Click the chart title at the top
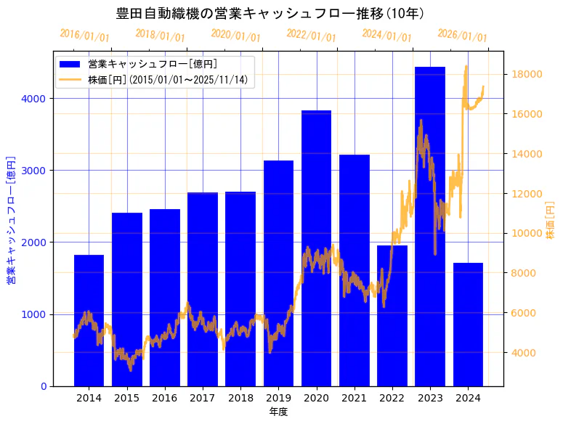(270, 13)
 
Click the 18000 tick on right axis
(524, 74)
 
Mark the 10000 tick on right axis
(524, 233)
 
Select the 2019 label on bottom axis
(278, 398)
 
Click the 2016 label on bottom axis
(164, 398)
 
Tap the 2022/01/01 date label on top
(311, 36)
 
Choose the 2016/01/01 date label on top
(84, 36)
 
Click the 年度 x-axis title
(278, 412)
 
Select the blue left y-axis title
(11, 219)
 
